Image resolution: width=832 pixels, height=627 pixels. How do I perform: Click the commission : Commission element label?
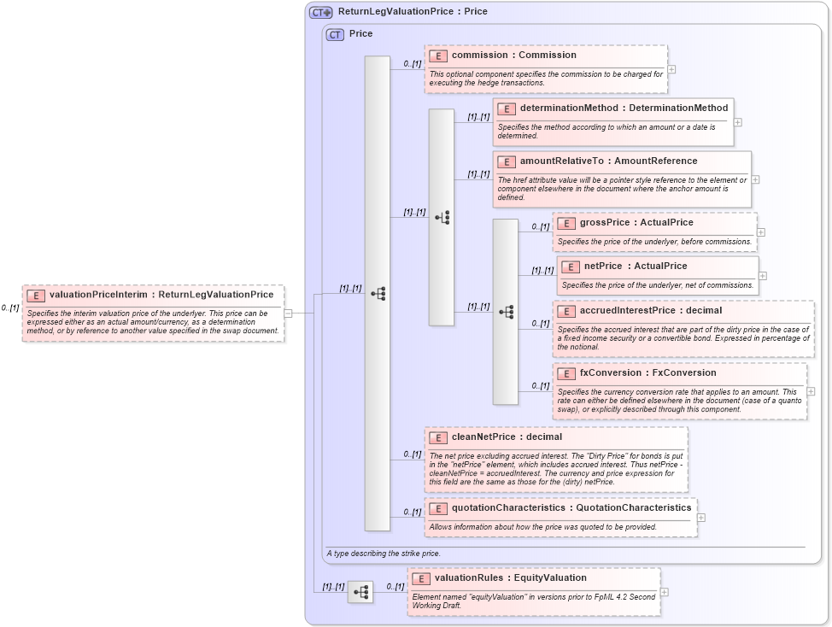coord(513,55)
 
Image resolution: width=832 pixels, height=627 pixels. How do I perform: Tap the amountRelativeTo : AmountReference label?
coord(608,161)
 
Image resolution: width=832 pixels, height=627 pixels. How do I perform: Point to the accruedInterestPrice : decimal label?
coord(650,310)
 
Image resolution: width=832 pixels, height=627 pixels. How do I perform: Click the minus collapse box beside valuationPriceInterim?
coord(288,313)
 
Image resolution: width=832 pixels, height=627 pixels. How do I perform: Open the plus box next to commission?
coord(671,69)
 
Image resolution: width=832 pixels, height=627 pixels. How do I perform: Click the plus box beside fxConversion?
coord(811,391)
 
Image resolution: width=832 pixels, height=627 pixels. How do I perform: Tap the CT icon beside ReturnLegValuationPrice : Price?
coord(320,12)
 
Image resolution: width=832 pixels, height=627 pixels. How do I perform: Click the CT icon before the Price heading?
coord(335,34)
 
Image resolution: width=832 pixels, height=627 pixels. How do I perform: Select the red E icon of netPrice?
coord(571,267)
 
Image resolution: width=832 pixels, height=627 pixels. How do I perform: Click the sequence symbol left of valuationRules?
coord(360,591)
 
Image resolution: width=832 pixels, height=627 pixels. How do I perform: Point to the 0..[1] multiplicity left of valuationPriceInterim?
coord(10,308)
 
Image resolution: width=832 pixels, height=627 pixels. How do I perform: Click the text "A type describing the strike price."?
coord(384,554)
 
